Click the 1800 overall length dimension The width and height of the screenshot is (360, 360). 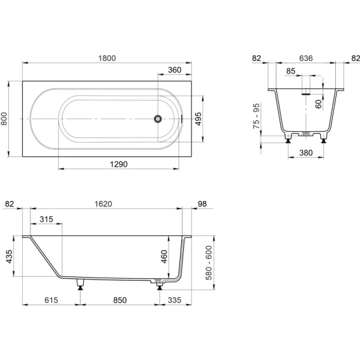click(x=107, y=58)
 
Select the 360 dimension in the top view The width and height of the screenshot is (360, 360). click(x=174, y=70)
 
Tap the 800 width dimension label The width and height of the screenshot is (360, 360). click(x=4, y=119)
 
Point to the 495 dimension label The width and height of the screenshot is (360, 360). click(x=198, y=119)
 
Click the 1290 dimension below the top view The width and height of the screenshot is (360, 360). click(x=119, y=164)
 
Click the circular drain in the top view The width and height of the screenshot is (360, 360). click(x=158, y=119)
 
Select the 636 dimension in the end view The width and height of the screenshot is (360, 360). click(x=306, y=58)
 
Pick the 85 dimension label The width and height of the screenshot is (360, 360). click(x=291, y=71)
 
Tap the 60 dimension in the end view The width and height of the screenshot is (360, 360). click(x=318, y=104)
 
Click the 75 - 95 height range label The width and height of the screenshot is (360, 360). click(x=256, y=116)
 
